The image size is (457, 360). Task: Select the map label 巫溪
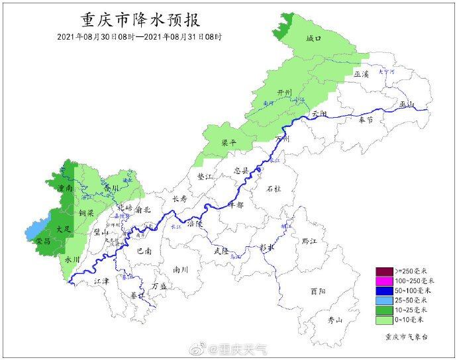tap(361, 75)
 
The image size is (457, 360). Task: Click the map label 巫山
tap(406, 105)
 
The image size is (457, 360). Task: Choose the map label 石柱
tap(274, 189)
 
